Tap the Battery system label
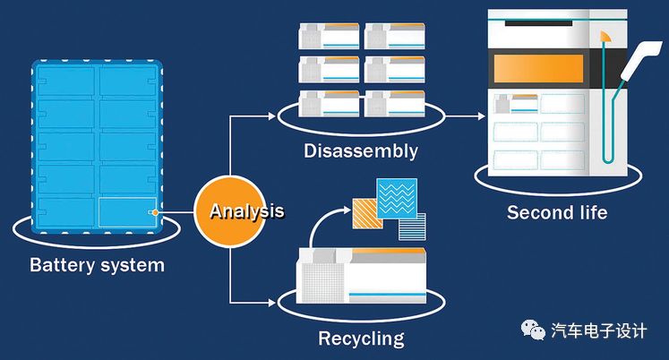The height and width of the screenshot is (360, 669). (x=98, y=265)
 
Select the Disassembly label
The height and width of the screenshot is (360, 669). (x=361, y=150)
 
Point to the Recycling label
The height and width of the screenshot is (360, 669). (x=361, y=339)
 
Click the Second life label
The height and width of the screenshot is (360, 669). (x=557, y=212)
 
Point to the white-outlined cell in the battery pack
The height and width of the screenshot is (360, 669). (x=125, y=210)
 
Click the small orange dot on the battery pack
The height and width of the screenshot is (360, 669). (x=155, y=212)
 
